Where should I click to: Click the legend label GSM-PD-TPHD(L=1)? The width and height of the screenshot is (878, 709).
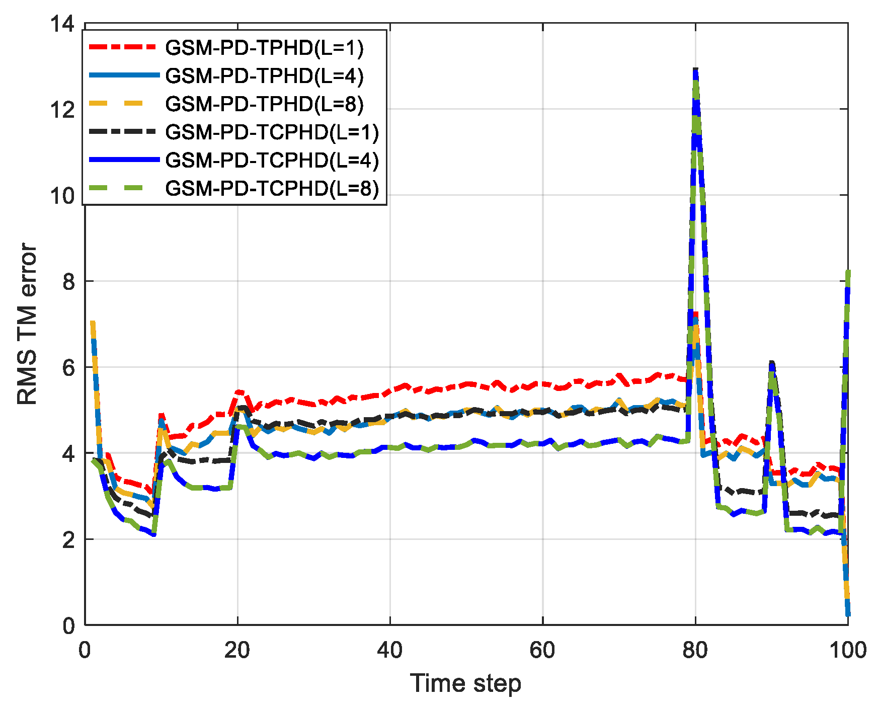coord(264,48)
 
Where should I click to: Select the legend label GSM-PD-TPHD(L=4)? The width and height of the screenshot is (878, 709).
coord(264,76)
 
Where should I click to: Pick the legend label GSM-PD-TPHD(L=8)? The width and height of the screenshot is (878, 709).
coord(264,104)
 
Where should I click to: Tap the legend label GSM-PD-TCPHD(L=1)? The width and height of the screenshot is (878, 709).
coord(272,132)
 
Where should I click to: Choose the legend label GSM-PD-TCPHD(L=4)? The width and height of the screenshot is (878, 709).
coord(272,161)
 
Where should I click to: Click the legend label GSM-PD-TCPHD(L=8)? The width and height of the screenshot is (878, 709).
coord(272,189)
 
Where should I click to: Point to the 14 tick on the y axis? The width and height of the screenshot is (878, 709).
coord(62,24)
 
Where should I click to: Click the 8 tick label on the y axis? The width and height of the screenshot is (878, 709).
coord(68,282)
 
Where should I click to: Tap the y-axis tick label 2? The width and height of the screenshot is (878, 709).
coord(68,540)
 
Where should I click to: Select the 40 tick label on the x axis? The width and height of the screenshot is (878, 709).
coord(390,651)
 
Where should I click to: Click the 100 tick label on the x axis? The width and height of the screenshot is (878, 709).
coord(848,651)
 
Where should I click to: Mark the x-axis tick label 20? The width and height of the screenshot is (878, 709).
coord(237,651)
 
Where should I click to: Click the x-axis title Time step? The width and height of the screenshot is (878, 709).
coord(465,684)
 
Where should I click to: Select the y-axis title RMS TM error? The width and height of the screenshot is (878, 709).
coord(27,324)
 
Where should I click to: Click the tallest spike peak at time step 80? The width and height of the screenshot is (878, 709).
coord(695,69)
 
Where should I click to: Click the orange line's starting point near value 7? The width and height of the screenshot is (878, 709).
coord(93,323)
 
